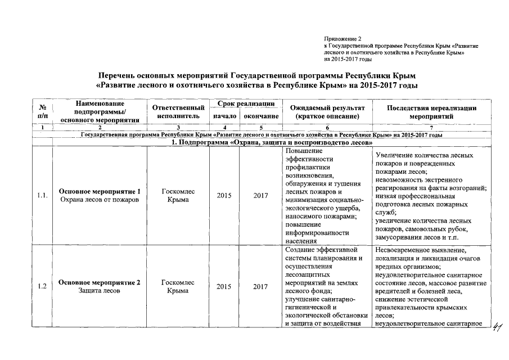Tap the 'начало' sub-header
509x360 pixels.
pos(223,116)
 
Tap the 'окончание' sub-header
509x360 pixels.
pos(260,116)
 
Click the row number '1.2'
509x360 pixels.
pos(42,286)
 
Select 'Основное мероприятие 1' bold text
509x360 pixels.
pos(100,191)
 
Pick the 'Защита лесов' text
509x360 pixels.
pos(99,291)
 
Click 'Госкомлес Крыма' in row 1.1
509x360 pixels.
pos(178,196)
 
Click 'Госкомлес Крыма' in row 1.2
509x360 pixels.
pos(178,286)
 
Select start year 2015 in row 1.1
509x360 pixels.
pos(223,196)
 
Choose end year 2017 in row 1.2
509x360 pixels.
pos(260,286)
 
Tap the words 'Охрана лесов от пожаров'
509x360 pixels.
pos(100,200)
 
